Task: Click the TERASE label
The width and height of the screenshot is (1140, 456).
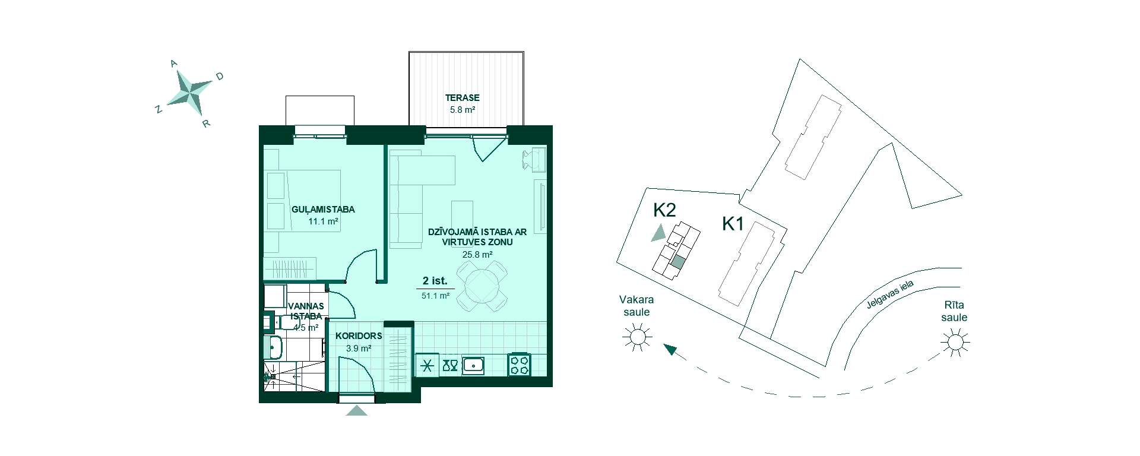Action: click(x=463, y=98)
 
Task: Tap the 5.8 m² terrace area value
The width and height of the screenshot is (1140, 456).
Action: click(x=463, y=110)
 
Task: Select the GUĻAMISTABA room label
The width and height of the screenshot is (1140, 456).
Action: click(x=323, y=210)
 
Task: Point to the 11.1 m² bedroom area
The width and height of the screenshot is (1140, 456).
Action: click(x=323, y=221)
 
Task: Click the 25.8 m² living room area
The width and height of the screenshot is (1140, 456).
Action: click(x=477, y=255)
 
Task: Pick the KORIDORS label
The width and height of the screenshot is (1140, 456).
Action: click(x=359, y=336)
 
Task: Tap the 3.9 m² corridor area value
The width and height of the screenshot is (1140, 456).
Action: click(x=359, y=349)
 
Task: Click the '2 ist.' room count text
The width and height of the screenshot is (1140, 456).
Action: click(x=435, y=281)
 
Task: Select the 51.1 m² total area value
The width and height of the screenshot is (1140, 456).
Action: click(x=435, y=295)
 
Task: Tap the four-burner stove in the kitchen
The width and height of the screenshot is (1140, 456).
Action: click(x=519, y=365)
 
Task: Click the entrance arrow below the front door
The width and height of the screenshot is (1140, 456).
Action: click(x=356, y=410)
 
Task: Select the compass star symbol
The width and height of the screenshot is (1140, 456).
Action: click(x=189, y=93)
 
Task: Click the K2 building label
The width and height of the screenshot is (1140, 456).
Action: click(x=664, y=210)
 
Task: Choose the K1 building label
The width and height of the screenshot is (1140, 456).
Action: click(x=733, y=224)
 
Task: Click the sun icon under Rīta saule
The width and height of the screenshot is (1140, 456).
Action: click(x=955, y=343)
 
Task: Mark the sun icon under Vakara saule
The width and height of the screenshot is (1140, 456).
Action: click(x=637, y=337)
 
